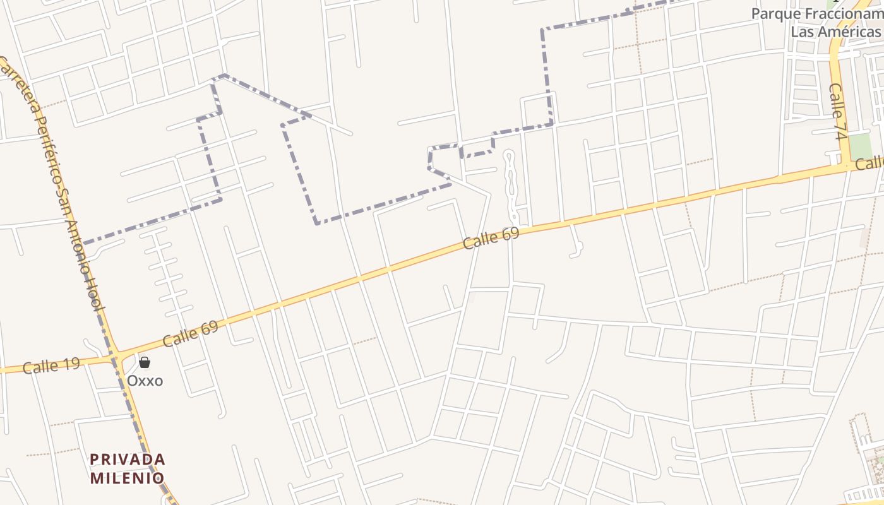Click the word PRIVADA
pos(128,459)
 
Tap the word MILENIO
pos(128,478)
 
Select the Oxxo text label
pos(145,381)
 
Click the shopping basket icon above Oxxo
pos(145,362)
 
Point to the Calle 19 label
pos(51,365)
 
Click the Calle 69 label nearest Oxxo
pos(190,334)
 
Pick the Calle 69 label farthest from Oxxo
pos(491,238)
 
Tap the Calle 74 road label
pos(838,112)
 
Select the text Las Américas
pos(835,32)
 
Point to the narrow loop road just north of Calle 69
pos(510,183)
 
